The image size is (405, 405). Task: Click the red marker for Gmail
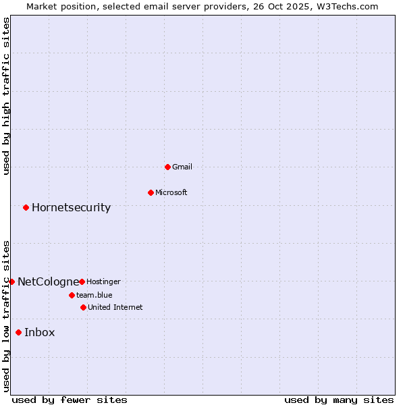click(167, 167)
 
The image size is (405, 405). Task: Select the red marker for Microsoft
click(151, 192)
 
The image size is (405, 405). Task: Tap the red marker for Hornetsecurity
click(26, 207)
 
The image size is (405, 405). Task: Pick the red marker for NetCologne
click(11, 281)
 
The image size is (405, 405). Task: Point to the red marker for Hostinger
click(82, 281)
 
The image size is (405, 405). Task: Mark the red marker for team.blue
click(72, 295)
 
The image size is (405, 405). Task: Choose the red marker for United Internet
click(83, 307)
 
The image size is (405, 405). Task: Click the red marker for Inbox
click(18, 332)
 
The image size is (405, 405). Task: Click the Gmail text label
click(182, 167)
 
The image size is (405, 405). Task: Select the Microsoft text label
click(171, 192)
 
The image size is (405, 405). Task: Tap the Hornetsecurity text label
click(71, 207)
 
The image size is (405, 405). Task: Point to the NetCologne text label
click(48, 281)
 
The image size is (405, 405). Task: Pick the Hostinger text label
click(103, 281)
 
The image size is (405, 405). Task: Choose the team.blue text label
click(94, 295)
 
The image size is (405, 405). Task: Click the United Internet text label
click(115, 307)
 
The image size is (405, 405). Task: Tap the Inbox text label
click(40, 332)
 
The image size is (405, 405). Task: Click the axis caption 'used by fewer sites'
click(70, 400)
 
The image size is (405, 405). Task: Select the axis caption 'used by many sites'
click(339, 400)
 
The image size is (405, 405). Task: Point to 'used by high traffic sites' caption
click(6, 96)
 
